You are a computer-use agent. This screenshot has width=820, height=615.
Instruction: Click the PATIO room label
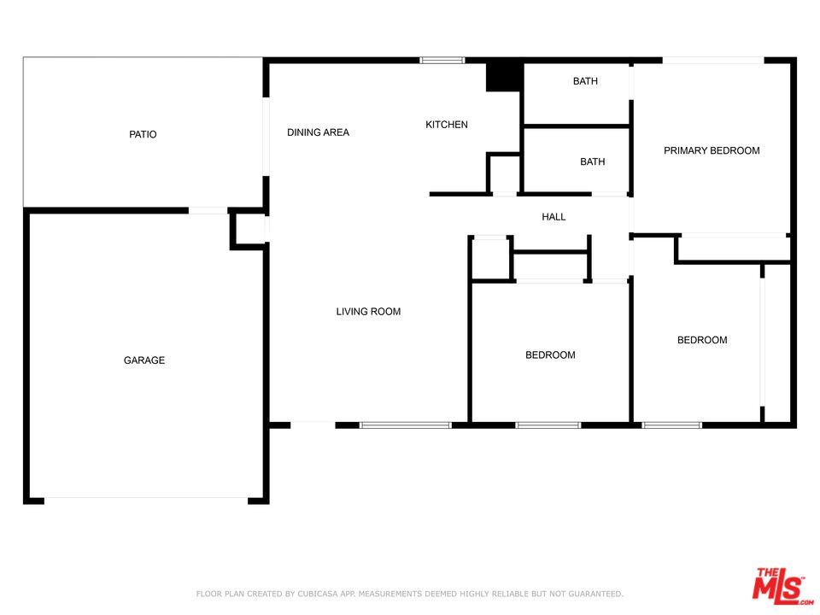[143, 134]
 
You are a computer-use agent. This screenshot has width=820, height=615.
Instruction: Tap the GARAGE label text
[144, 360]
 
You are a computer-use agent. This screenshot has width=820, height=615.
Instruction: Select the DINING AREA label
[318, 132]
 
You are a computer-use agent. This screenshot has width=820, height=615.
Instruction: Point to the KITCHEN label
[447, 125]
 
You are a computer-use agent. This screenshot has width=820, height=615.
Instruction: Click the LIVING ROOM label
[368, 312]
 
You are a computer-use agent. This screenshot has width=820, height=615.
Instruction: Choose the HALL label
[553, 217]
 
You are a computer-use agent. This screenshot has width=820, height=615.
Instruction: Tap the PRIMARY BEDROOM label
[712, 150]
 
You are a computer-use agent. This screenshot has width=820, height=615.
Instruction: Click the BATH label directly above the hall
[592, 161]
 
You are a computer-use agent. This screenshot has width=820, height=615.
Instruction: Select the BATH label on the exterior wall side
[585, 81]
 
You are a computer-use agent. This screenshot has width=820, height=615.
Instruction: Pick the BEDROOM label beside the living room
[550, 355]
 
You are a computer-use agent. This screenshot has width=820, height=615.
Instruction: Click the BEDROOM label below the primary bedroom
[702, 340]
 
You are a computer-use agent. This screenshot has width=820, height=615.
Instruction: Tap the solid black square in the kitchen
[503, 77]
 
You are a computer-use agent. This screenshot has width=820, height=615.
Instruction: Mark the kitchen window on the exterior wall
[442, 61]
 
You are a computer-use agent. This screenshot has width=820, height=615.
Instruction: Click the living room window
[405, 425]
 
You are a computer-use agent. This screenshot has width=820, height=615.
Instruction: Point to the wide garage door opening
[146, 500]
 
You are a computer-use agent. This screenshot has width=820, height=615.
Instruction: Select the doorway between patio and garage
[208, 210]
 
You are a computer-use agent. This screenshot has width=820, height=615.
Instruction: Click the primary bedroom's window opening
[712, 61]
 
